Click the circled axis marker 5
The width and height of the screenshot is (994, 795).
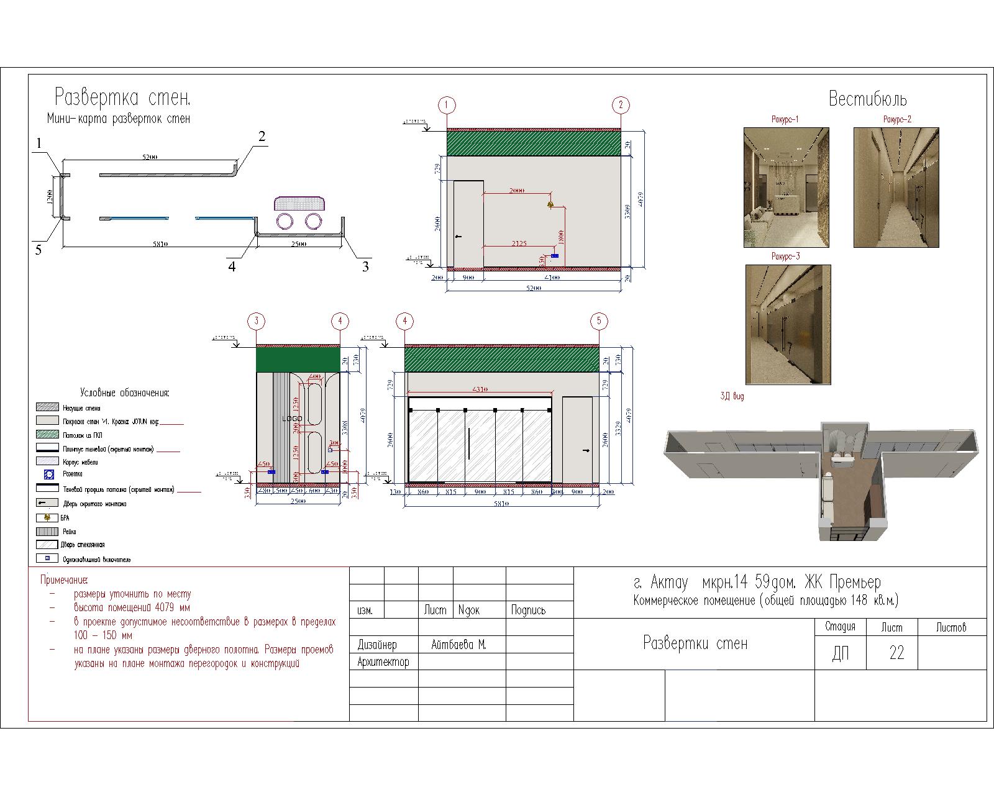pyautogui.click(x=599, y=321)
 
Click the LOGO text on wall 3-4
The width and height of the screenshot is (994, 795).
pyautogui.click(x=292, y=419)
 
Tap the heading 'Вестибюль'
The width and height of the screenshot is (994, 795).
pyautogui.click(x=867, y=99)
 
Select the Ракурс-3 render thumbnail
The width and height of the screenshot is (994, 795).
pyautogui.click(x=788, y=324)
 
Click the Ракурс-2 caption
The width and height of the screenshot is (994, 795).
pyautogui.click(x=897, y=119)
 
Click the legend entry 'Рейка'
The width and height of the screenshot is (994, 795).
pyautogui.click(x=69, y=532)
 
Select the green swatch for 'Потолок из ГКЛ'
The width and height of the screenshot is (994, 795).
pyautogui.click(x=48, y=435)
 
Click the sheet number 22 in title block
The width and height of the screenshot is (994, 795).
pyautogui.click(x=896, y=653)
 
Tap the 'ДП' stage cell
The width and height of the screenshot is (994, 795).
pyautogui.click(x=840, y=654)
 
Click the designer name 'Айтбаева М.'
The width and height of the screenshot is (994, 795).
pyautogui.click(x=458, y=645)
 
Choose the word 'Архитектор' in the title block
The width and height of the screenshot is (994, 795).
pyautogui.click(x=383, y=662)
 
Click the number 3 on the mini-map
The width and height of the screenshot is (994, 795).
pyautogui.click(x=365, y=266)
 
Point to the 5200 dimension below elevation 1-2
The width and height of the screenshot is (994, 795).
pyautogui.click(x=533, y=288)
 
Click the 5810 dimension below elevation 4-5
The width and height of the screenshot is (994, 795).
pyautogui.click(x=501, y=504)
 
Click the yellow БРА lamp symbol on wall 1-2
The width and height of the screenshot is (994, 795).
pyautogui.click(x=550, y=204)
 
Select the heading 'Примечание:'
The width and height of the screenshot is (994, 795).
pyautogui.click(x=64, y=580)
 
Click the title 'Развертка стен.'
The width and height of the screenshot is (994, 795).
pyautogui.click(x=122, y=98)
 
